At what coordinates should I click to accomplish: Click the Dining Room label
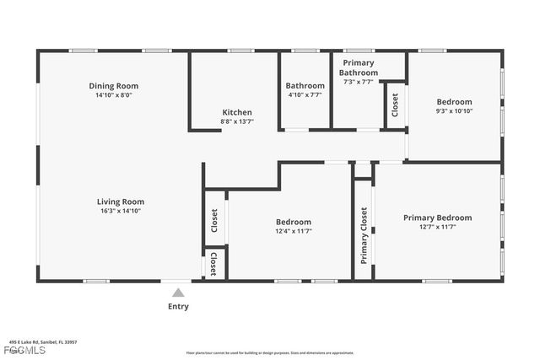[113, 86]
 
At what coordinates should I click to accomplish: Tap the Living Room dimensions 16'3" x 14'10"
[120, 212]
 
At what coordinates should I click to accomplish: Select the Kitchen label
[236, 112]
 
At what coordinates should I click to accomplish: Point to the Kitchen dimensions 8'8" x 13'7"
[236, 121]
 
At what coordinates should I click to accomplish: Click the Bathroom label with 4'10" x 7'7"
[305, 86]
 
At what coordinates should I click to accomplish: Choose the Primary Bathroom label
[359, 67]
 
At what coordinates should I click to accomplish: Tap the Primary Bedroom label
[437, 218]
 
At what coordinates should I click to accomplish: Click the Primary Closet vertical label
[364, 235]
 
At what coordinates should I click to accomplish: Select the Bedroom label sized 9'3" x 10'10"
[454, 102]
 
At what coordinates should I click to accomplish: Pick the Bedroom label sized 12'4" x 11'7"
[294, 222]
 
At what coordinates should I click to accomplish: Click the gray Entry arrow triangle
[178, 293]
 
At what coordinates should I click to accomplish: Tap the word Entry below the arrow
[178, 307]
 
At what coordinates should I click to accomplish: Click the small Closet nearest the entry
[213, 264]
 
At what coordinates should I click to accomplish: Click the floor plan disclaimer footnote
[269, 352]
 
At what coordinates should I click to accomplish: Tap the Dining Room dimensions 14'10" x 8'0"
[113, 95]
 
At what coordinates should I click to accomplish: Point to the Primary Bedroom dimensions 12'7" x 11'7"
[437, 227]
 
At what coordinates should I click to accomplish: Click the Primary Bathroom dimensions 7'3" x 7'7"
[359, 82]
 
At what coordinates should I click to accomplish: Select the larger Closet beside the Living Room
[214, 222]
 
